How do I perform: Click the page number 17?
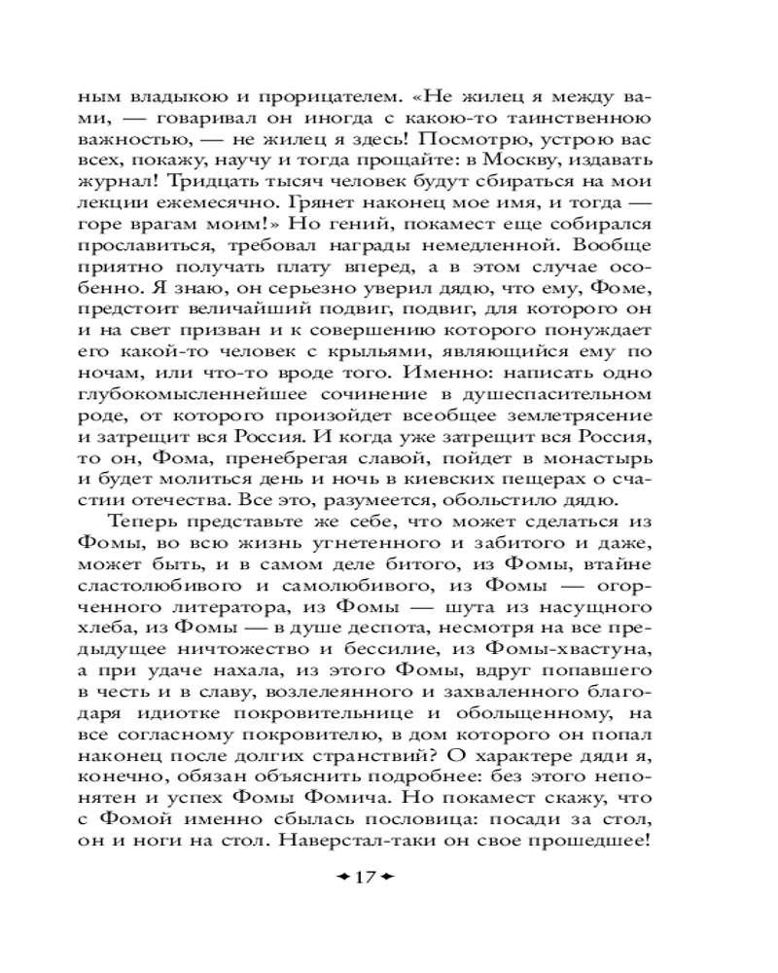(x=364, y=878)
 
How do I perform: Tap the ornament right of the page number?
(x=386, y=878)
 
